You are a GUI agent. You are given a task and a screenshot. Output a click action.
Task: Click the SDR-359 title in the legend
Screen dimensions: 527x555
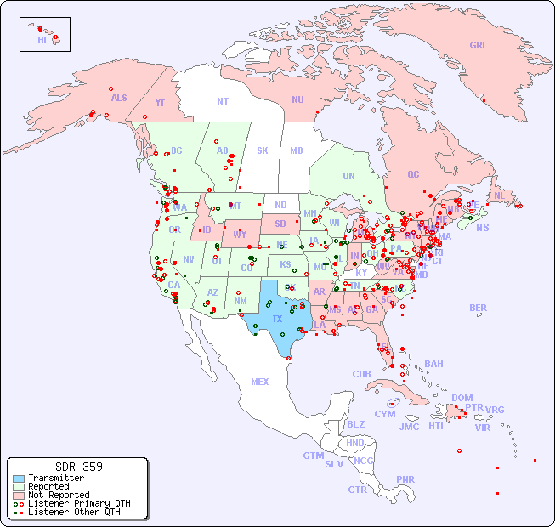pyautogui.click(x=78, y=467)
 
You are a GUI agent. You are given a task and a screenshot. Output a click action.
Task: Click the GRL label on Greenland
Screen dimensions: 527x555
pyautogui.click(x=479, y=45)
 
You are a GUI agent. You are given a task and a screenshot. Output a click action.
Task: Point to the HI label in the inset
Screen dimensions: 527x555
pyautogui.click(x=42, y=40)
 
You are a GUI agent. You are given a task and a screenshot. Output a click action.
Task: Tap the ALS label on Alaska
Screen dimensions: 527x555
pyautogui.click(x=119, y=98)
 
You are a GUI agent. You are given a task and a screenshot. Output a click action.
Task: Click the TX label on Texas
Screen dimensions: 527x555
pyautogui.click(x=277, y=319)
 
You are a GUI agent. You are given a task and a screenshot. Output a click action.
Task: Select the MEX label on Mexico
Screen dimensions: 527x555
pyautogui.click(x=260, y=382)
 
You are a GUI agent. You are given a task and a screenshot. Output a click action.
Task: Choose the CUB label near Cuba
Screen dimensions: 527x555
pyautogui.click(x=362, y=374)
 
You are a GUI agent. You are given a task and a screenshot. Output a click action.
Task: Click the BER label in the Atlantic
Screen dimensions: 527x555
pyautogui.click(x=479, y=308)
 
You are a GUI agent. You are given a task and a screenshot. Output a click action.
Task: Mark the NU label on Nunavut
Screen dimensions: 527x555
pyautogui.click(x=297, y=99)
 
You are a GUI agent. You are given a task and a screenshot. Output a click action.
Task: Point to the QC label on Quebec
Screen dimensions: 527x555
pyautogui.click(x=413, y=174)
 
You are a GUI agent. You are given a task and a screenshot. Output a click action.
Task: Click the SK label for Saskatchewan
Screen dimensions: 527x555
pyautogui.click(x=263, y=150)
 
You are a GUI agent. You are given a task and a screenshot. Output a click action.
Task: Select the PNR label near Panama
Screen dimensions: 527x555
pyautogui.click(x=405, y=479)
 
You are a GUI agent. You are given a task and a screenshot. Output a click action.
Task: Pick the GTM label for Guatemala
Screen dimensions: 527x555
pyautogui.click(x=313, y=456)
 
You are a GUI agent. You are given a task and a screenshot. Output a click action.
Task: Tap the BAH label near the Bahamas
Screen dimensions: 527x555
pyautogui.click(x=433, y=364)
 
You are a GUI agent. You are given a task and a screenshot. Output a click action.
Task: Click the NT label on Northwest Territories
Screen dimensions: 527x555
pyautogui.click(x=223, y=100)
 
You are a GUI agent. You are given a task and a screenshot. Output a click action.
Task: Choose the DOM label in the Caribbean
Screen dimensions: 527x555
pyautogui.click(x=462, y=398)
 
